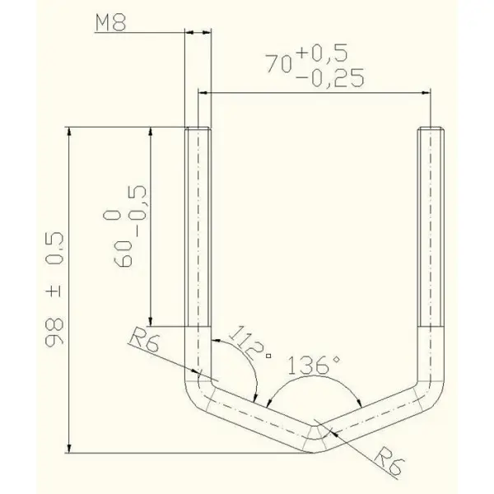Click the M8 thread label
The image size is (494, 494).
(x=110, y=23)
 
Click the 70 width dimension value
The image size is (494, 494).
(x=279, y=63)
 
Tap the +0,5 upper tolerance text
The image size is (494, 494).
(x=322, y=53)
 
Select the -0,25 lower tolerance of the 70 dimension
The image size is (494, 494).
(x=330, y=77)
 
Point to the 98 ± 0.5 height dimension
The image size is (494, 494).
(x=54, y=290)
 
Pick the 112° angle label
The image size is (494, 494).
(x=249, y=343)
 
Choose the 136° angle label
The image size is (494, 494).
(x=315, y=365)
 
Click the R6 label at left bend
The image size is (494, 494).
(x=144, y=340)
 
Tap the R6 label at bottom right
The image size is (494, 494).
(x=389, y=462)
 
